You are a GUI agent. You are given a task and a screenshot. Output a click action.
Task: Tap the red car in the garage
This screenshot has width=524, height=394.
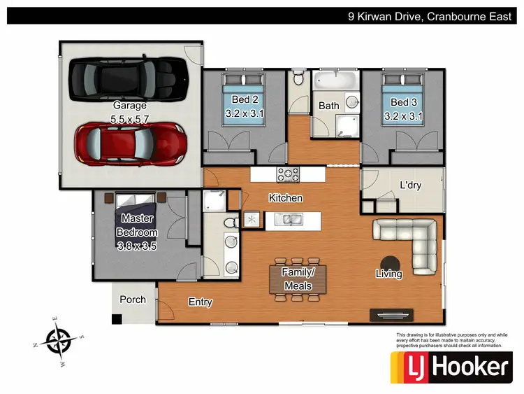[x=131, y=142]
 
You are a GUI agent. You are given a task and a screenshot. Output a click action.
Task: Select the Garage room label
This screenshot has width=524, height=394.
[x=130, y=106]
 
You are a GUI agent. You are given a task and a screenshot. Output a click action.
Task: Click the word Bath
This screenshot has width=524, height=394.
[x=329, y=106]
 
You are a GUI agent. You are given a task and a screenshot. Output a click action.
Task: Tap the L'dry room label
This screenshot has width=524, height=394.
[x=411, y=185]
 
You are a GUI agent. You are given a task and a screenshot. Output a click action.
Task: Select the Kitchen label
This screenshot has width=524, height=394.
[x=286, y=198]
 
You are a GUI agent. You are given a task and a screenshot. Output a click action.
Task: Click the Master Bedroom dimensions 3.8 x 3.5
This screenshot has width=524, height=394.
[x=137, y=246]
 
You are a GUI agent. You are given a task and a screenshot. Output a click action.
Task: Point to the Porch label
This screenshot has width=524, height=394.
[x=133, y=300]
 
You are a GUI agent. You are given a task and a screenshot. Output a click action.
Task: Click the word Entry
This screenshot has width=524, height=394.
[x=201, y=302]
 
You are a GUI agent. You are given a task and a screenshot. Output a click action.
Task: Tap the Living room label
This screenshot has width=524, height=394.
[x=388, y=274]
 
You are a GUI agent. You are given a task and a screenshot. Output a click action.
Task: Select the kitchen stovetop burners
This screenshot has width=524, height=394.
[x=287, y=174]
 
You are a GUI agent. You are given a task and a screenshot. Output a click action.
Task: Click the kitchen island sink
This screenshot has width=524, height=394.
[x=287, y=220]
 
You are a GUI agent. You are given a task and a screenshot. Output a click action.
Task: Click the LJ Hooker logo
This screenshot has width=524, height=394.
[x=449, y=367]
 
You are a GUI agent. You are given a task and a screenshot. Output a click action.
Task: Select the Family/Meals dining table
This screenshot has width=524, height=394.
[x=298, y=279]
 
